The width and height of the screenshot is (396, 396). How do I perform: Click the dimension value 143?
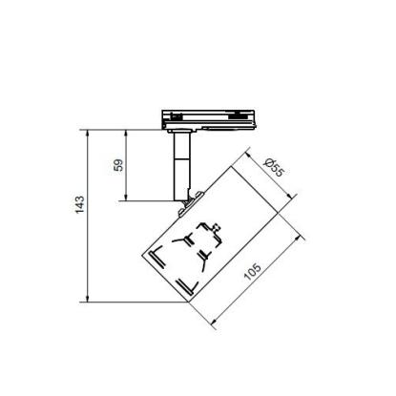pos(80,204)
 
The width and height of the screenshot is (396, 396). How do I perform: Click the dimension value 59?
pos(118,165)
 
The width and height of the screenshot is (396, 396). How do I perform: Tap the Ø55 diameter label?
pos(273,167)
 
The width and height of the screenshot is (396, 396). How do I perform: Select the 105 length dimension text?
pos(252,272)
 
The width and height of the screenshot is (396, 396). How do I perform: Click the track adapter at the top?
pos(209,121)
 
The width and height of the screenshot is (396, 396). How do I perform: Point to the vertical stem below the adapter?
pos(181,166)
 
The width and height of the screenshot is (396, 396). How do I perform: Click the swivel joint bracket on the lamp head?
pos(191,203)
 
